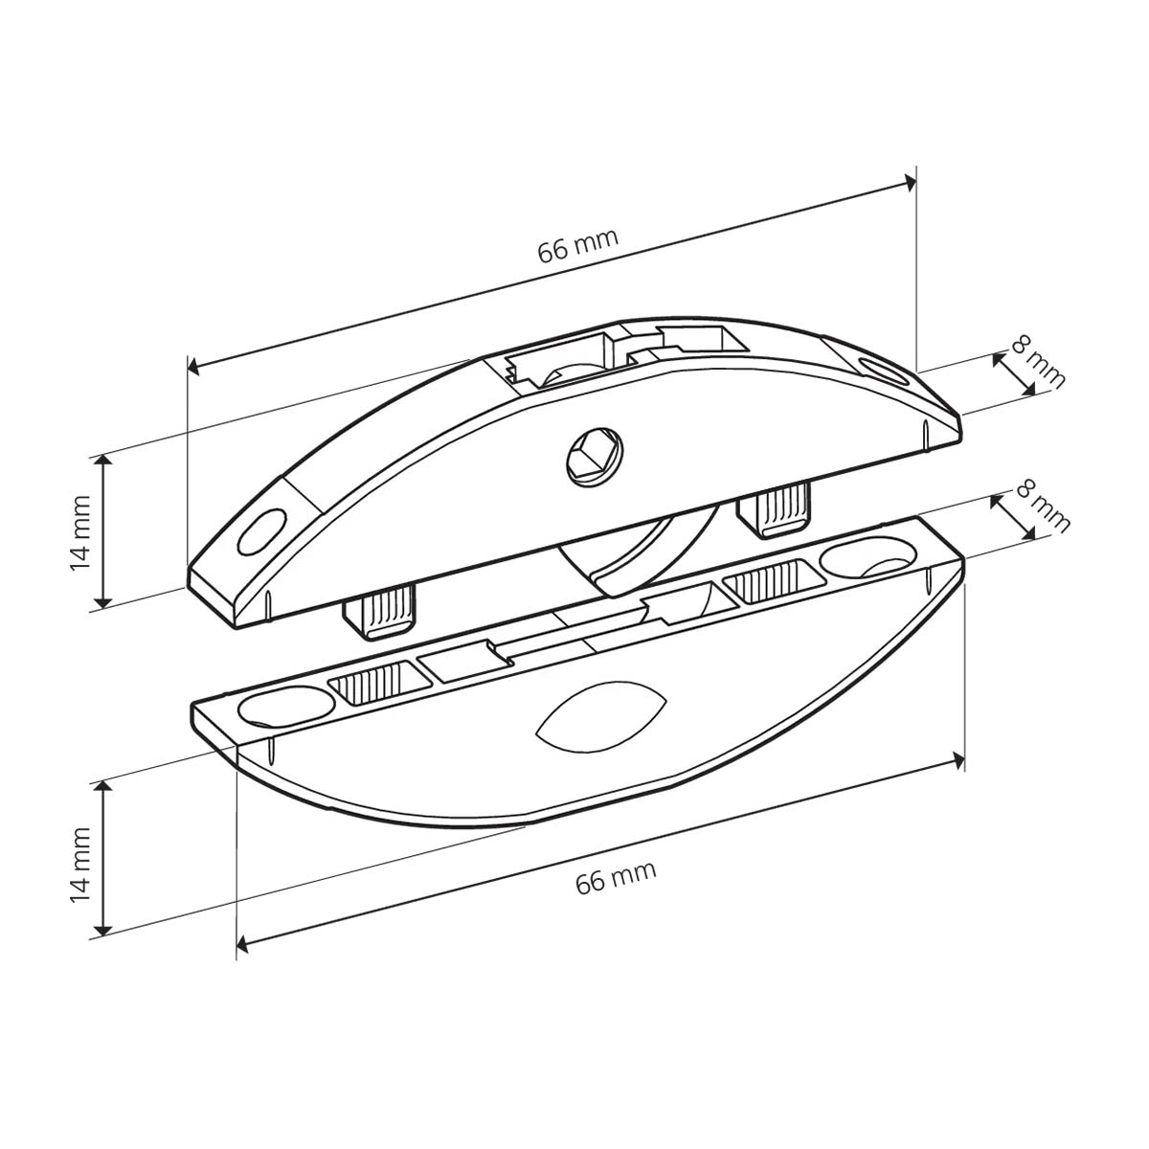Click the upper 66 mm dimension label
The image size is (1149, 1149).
coord(577,245)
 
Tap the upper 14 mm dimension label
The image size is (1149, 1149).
coord(80,532)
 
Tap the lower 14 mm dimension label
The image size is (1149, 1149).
coord(80,865)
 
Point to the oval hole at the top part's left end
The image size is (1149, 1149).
coord(261,531)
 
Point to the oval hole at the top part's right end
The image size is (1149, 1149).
coord(885,371)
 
